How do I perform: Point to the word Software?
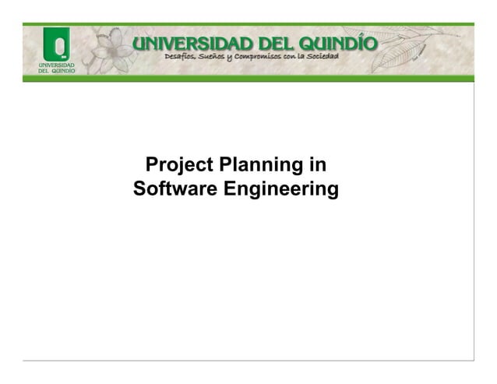click(x=175, y=188)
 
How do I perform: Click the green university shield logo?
click(x=56, y=43)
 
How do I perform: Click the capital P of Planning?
click(x=225, y=165)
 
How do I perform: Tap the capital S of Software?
click(x=139, y=188)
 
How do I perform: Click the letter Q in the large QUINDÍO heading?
click(x=308, y=44)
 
